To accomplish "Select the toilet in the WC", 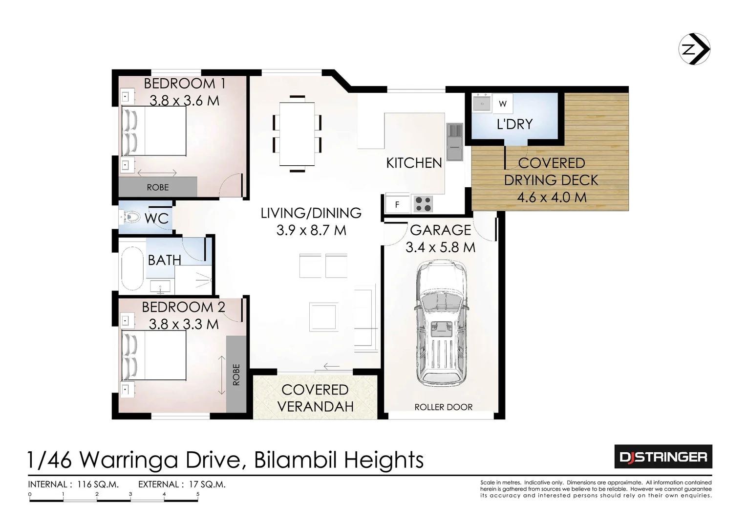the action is point(131,218).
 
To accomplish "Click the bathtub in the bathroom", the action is point(132,268).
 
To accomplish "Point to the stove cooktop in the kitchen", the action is point(423,204).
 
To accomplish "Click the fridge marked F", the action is point(397,204).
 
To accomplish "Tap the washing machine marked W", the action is point(503,104).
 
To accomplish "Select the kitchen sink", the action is point(454,142).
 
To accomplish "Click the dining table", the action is point(297,134).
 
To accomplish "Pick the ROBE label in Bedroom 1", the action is point(158,188).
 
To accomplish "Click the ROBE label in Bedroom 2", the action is point(236,374).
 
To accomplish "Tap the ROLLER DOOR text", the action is point(443,407).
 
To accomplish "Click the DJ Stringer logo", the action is point(663,457).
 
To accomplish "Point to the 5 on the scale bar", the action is point(198,494).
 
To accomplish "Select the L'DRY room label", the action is point(514,124).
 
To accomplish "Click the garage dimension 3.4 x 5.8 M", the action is point(440,248).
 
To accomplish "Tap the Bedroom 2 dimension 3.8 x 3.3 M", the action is point(183,325).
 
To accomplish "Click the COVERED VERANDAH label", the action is point(315,398).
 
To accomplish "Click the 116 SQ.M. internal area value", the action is point(98,484).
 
